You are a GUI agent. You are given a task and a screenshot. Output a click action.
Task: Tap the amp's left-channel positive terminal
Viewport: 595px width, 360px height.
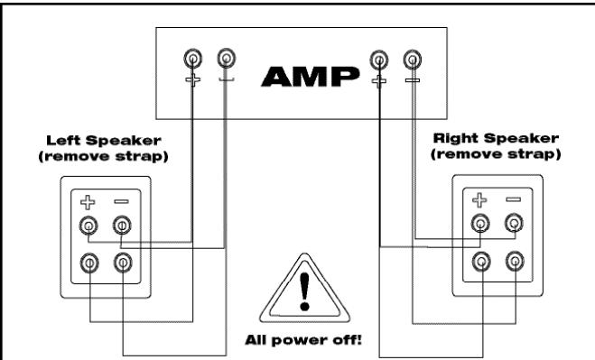click(x=192, y=61)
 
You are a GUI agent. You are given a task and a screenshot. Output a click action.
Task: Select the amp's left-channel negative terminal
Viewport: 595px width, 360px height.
click(x=225, y=61)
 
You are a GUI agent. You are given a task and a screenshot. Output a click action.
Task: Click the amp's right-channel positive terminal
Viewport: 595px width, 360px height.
click(x=379, y=61)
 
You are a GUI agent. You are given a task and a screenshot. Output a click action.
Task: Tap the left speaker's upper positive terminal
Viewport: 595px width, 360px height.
click(x=88, y=226)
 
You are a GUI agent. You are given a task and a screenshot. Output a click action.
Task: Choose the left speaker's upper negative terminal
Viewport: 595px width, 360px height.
click(x=120, y=226)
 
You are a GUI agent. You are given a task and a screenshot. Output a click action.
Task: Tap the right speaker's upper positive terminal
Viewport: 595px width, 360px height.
click(x=481, y=225)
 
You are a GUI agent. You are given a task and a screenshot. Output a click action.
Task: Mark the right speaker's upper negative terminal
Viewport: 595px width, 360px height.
click(x=514, y=225)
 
